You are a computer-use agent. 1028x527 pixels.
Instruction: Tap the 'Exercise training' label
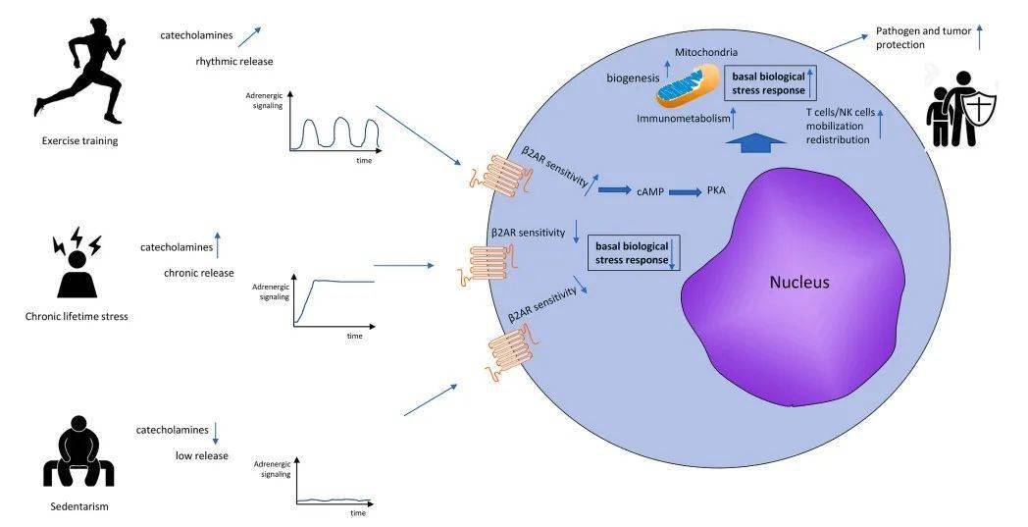click(x=79, y=140)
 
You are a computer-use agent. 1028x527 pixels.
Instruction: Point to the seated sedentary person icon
click(x=78, y=452)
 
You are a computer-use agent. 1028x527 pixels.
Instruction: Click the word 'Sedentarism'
click(x=78, y=507)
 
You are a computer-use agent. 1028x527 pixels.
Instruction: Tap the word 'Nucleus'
click(x=798, y=283)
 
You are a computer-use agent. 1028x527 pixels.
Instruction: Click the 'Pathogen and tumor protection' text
click(x=923, y=38)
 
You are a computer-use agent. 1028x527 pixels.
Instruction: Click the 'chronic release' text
click(x=199, y=273)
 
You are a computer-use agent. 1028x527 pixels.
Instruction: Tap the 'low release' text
click(x=202, y=455)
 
